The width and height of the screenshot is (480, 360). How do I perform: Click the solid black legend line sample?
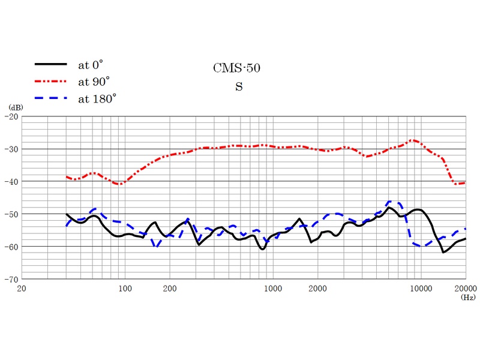click(50, 64)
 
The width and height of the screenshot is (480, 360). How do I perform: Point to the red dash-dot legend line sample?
click(50, 81)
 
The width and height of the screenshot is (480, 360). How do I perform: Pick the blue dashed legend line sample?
click(50, 98)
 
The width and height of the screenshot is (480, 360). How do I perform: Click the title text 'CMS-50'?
click(237, 68)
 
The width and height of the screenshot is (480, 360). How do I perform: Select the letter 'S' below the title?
click(239, 87)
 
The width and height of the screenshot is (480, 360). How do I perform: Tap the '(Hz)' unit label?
click(467, 296)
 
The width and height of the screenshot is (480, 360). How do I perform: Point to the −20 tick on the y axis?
click(12, 116)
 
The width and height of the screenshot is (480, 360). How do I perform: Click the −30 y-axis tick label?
click(12, 149)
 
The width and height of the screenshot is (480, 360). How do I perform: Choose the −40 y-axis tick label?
click(12, 181)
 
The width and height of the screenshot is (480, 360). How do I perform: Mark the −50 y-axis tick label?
click(12, 214)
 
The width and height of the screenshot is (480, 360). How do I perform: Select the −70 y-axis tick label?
click(12, 279)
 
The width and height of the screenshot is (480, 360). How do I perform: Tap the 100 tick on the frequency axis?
click(125, 289)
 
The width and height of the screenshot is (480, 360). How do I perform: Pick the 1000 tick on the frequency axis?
click(273, 289)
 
